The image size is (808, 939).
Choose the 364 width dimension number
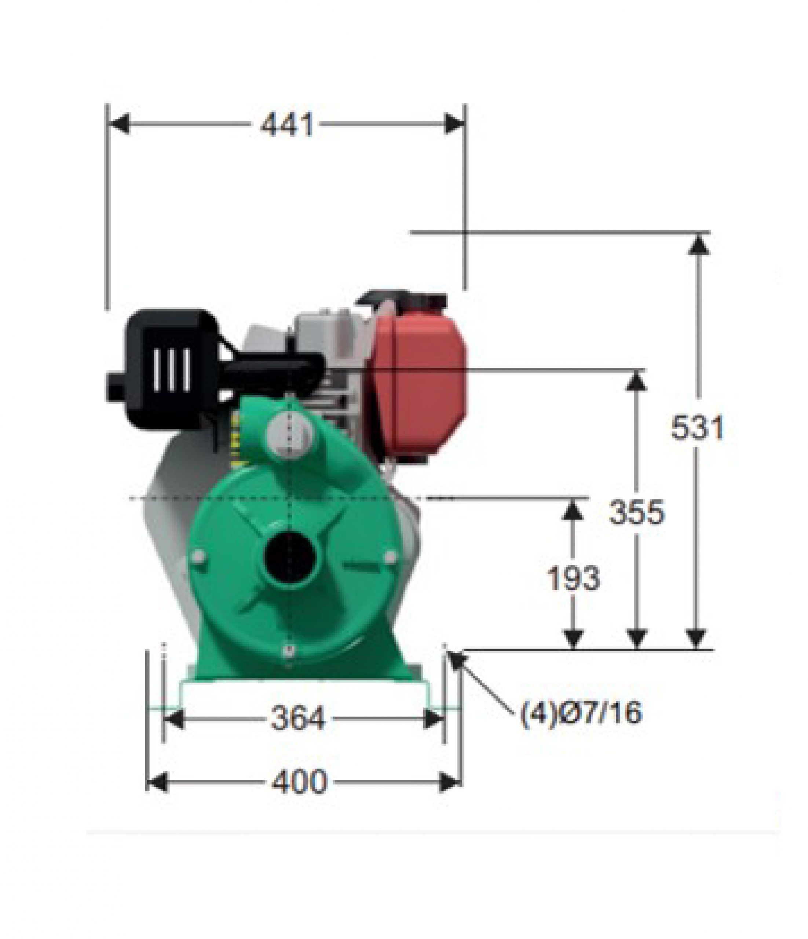click(x=298, y=718)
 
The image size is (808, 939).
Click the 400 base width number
click(x=299, y=781)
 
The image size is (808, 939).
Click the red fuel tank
click(x=419, y=385)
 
